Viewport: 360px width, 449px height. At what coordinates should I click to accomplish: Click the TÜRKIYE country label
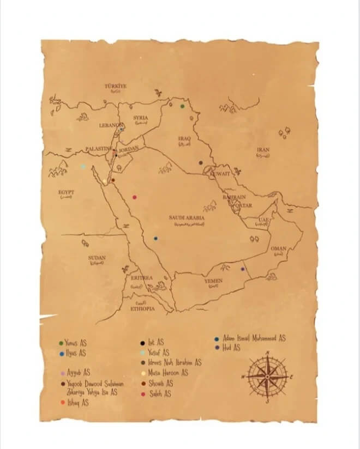(x=116, y=86)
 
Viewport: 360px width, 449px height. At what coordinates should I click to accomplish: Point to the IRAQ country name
(x=184, y=139)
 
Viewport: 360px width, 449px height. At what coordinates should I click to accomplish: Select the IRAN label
(x=263, y=149)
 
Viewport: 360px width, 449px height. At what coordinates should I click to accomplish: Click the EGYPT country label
(x=66, y=192)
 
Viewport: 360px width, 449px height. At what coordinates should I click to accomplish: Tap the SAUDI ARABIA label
(x=187, y=217)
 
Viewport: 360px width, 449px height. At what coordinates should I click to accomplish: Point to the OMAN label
(x=278, y=248)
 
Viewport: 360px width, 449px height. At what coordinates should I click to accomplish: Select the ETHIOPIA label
(x=142, y=308)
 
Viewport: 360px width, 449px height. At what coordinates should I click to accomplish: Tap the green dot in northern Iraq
(x=183, y=106)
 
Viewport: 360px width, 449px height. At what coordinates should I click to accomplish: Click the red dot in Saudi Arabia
(x=134, y=197)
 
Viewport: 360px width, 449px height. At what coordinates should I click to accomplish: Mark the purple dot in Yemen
(x=243, y=269)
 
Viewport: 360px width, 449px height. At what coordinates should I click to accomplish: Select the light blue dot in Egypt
(x=83, y=167)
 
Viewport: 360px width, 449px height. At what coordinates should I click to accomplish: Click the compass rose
(x=267, y=377)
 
